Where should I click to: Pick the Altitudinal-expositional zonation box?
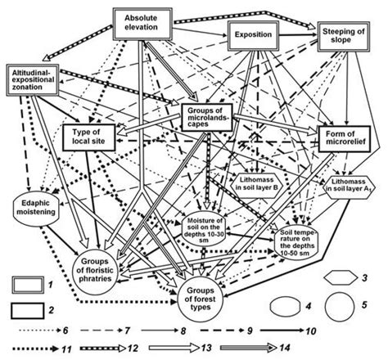pyautogui.click(x=38, y=79)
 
